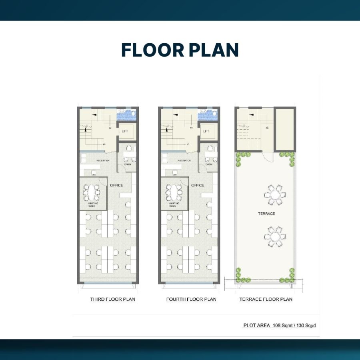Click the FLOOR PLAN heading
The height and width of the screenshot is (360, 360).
180,50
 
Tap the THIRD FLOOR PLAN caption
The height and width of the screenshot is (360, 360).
112,299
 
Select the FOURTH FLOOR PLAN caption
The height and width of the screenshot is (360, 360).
191,299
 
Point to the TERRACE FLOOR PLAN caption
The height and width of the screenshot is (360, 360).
266,299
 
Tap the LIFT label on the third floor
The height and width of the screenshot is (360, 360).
125,131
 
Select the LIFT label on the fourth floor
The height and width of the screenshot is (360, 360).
206,131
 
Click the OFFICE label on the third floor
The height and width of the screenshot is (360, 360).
116,185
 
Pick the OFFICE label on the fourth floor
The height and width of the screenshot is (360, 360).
198,185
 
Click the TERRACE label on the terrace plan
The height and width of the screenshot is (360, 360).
266,214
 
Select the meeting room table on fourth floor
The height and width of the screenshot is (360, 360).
174,193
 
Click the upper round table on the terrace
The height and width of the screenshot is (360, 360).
275,195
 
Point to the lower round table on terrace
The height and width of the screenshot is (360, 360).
275,237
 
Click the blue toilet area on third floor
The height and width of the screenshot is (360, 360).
127,115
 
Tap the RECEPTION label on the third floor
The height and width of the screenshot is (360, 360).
103,160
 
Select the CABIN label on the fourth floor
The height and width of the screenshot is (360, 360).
209,164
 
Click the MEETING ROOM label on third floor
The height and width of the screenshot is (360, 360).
93,204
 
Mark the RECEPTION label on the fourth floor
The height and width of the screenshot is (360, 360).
184,160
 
